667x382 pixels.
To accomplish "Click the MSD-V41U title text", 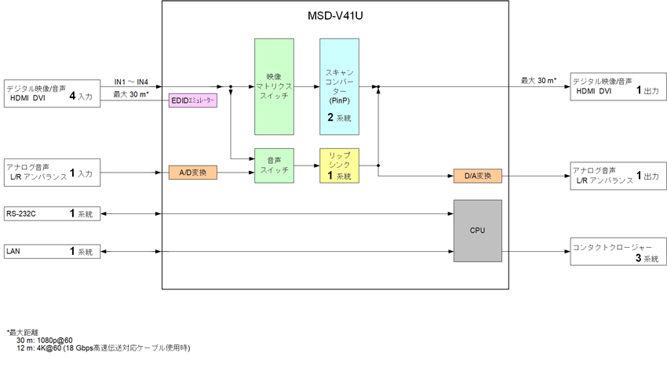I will click(335, 16).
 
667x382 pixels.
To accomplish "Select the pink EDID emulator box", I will click(193, 100).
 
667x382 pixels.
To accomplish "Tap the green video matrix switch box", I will click(274, 86).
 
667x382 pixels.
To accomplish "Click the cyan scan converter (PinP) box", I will click(339, 86).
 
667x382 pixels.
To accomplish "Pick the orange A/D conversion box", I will click(192, 173).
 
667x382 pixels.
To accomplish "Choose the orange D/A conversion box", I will click(477, 176).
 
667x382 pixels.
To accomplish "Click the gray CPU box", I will click(477, 231).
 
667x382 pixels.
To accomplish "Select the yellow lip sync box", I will click(339, 166).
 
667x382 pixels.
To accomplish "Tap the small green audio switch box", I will click(274, 166).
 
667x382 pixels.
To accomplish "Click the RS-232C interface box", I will click(53, 213).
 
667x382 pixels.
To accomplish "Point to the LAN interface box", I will click(53, 252).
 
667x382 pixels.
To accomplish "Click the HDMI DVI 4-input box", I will click(53, 92).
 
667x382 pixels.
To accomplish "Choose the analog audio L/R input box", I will click(53, 173).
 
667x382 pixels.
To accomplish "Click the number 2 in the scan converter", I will click(331, 117).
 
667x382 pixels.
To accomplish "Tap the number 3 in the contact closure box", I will click(639, 257).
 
